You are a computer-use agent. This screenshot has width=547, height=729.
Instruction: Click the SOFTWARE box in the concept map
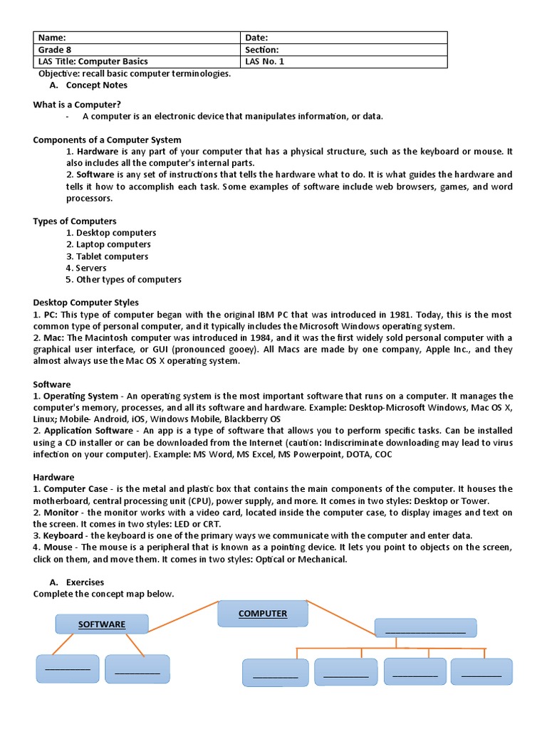pyautogui.click(x=102, y=624)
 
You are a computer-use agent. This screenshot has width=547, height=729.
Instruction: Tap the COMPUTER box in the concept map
pyautogui.click(x=263, y=614)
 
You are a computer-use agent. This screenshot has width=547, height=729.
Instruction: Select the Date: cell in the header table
pyautogui.click(x=344, y=38)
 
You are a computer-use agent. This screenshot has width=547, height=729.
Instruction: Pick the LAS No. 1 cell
pyautogui.click(x=344, y=62)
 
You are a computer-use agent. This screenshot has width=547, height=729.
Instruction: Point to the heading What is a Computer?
pyautogui.click(x=77, y=105)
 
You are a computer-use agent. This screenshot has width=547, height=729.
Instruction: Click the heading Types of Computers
pyautogui.click(x=75, y=221)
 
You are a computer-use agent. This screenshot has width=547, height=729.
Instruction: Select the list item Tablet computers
pyautogui.click(x=112, y=256)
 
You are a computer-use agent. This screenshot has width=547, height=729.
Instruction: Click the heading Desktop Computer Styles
pyautogui.click(x=86, y=303)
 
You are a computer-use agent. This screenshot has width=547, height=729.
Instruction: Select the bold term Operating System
pyautogui.click(x=80, y=396)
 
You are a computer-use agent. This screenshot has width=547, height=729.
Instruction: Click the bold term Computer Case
pyautogui.click(x=76, y=488)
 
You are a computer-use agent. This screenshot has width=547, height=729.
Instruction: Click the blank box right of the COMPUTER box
pyautogui.click(x=425, y=628)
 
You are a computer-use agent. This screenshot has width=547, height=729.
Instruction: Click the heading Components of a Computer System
pyautogui.click(x=107, y=140)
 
